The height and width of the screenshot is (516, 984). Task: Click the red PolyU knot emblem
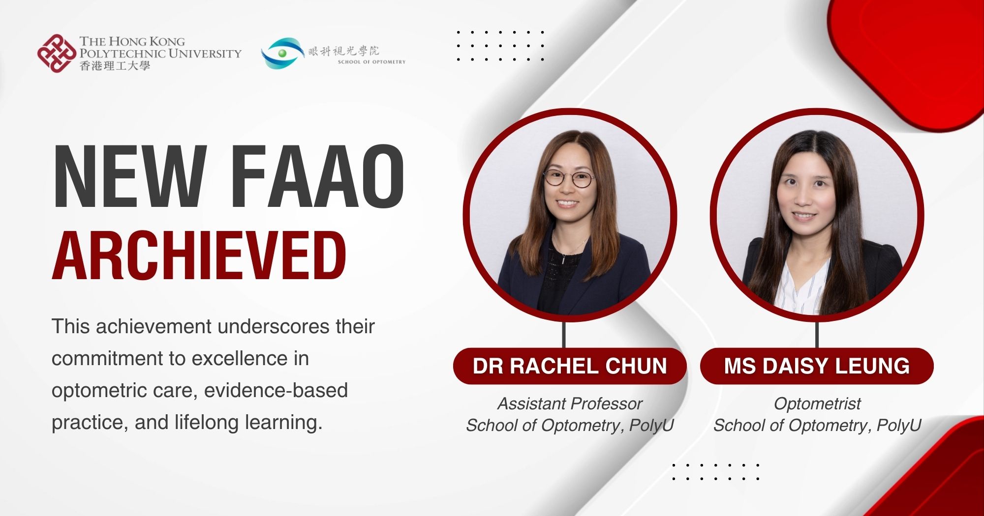pyautogui.click(x=57, y=54)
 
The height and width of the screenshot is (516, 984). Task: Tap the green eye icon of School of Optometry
pyautogui.click(x=282, y=53)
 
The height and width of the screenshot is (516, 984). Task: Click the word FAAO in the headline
pyautogui.click(x=318, y=176)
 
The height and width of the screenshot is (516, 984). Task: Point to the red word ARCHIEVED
pyautogui.click(x=199, y=256)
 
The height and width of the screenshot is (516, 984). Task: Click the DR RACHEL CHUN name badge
pyautogui.click(x=570, y=366)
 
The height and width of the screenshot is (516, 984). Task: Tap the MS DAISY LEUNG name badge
pyautogui.click(x=817, y=366)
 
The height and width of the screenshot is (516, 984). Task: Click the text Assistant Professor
pyautogui.click(x=570, y=403)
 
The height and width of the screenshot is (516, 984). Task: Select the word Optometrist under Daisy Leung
pyautogui.click(x=817, y=403)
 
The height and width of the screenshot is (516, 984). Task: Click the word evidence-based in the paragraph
pyautogui.click(x=276, y=390)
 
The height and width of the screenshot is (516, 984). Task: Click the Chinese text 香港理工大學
pyautogui.click(x=115, y=66)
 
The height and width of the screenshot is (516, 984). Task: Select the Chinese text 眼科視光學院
pyautogui.click(x=344, y=51)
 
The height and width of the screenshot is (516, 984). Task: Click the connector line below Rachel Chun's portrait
pyautogui.click(x=564, y=335)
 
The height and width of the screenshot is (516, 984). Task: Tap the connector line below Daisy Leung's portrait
pyautogui.click(x=817, y=335)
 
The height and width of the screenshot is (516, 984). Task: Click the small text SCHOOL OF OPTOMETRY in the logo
pyautogui.click(x=371, y=62)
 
